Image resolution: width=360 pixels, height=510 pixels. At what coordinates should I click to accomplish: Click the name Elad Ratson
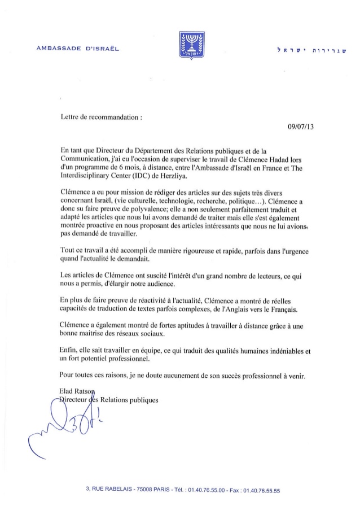click(x=78, y=391)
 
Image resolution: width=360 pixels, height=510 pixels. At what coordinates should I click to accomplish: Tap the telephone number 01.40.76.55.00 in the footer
click(x=201, y=491)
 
